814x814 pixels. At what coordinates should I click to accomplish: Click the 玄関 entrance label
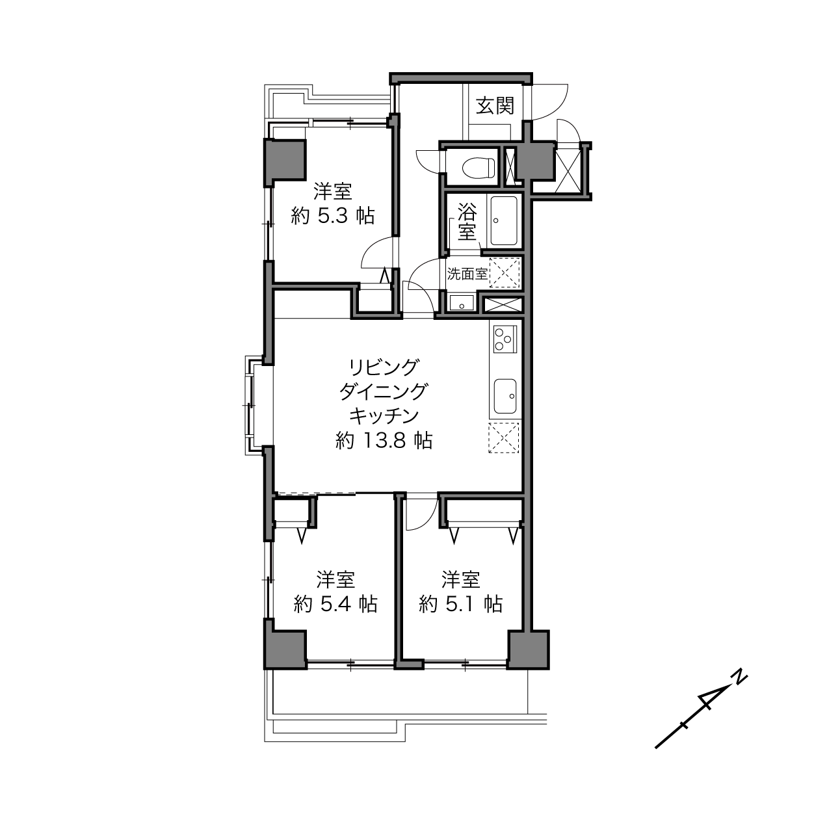click(495, 105)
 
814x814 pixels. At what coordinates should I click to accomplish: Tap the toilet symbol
click(479, 168)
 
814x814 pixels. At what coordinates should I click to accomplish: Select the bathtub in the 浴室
click(504, 220)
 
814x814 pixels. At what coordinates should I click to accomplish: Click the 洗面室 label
click(467, 274)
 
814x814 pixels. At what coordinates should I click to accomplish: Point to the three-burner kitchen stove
click(505, 339)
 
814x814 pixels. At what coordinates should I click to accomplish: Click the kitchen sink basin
click(505, 396)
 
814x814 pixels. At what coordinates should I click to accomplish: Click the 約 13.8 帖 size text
click(383, 441)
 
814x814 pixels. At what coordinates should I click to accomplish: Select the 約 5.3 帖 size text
click(332, 217)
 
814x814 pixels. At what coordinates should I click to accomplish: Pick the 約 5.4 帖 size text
click(335, 605)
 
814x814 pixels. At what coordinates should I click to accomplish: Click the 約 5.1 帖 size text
click(460, 605)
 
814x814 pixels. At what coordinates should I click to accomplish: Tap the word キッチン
click(384, 417)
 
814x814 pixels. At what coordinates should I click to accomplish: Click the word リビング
click(384, 367)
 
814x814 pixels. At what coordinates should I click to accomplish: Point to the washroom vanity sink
click(461, 302)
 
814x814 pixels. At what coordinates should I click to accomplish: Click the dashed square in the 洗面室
click(505, 273)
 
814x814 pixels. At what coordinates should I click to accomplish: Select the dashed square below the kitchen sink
click(504, 438)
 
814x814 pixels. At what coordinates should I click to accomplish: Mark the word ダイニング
click(384, 392)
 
